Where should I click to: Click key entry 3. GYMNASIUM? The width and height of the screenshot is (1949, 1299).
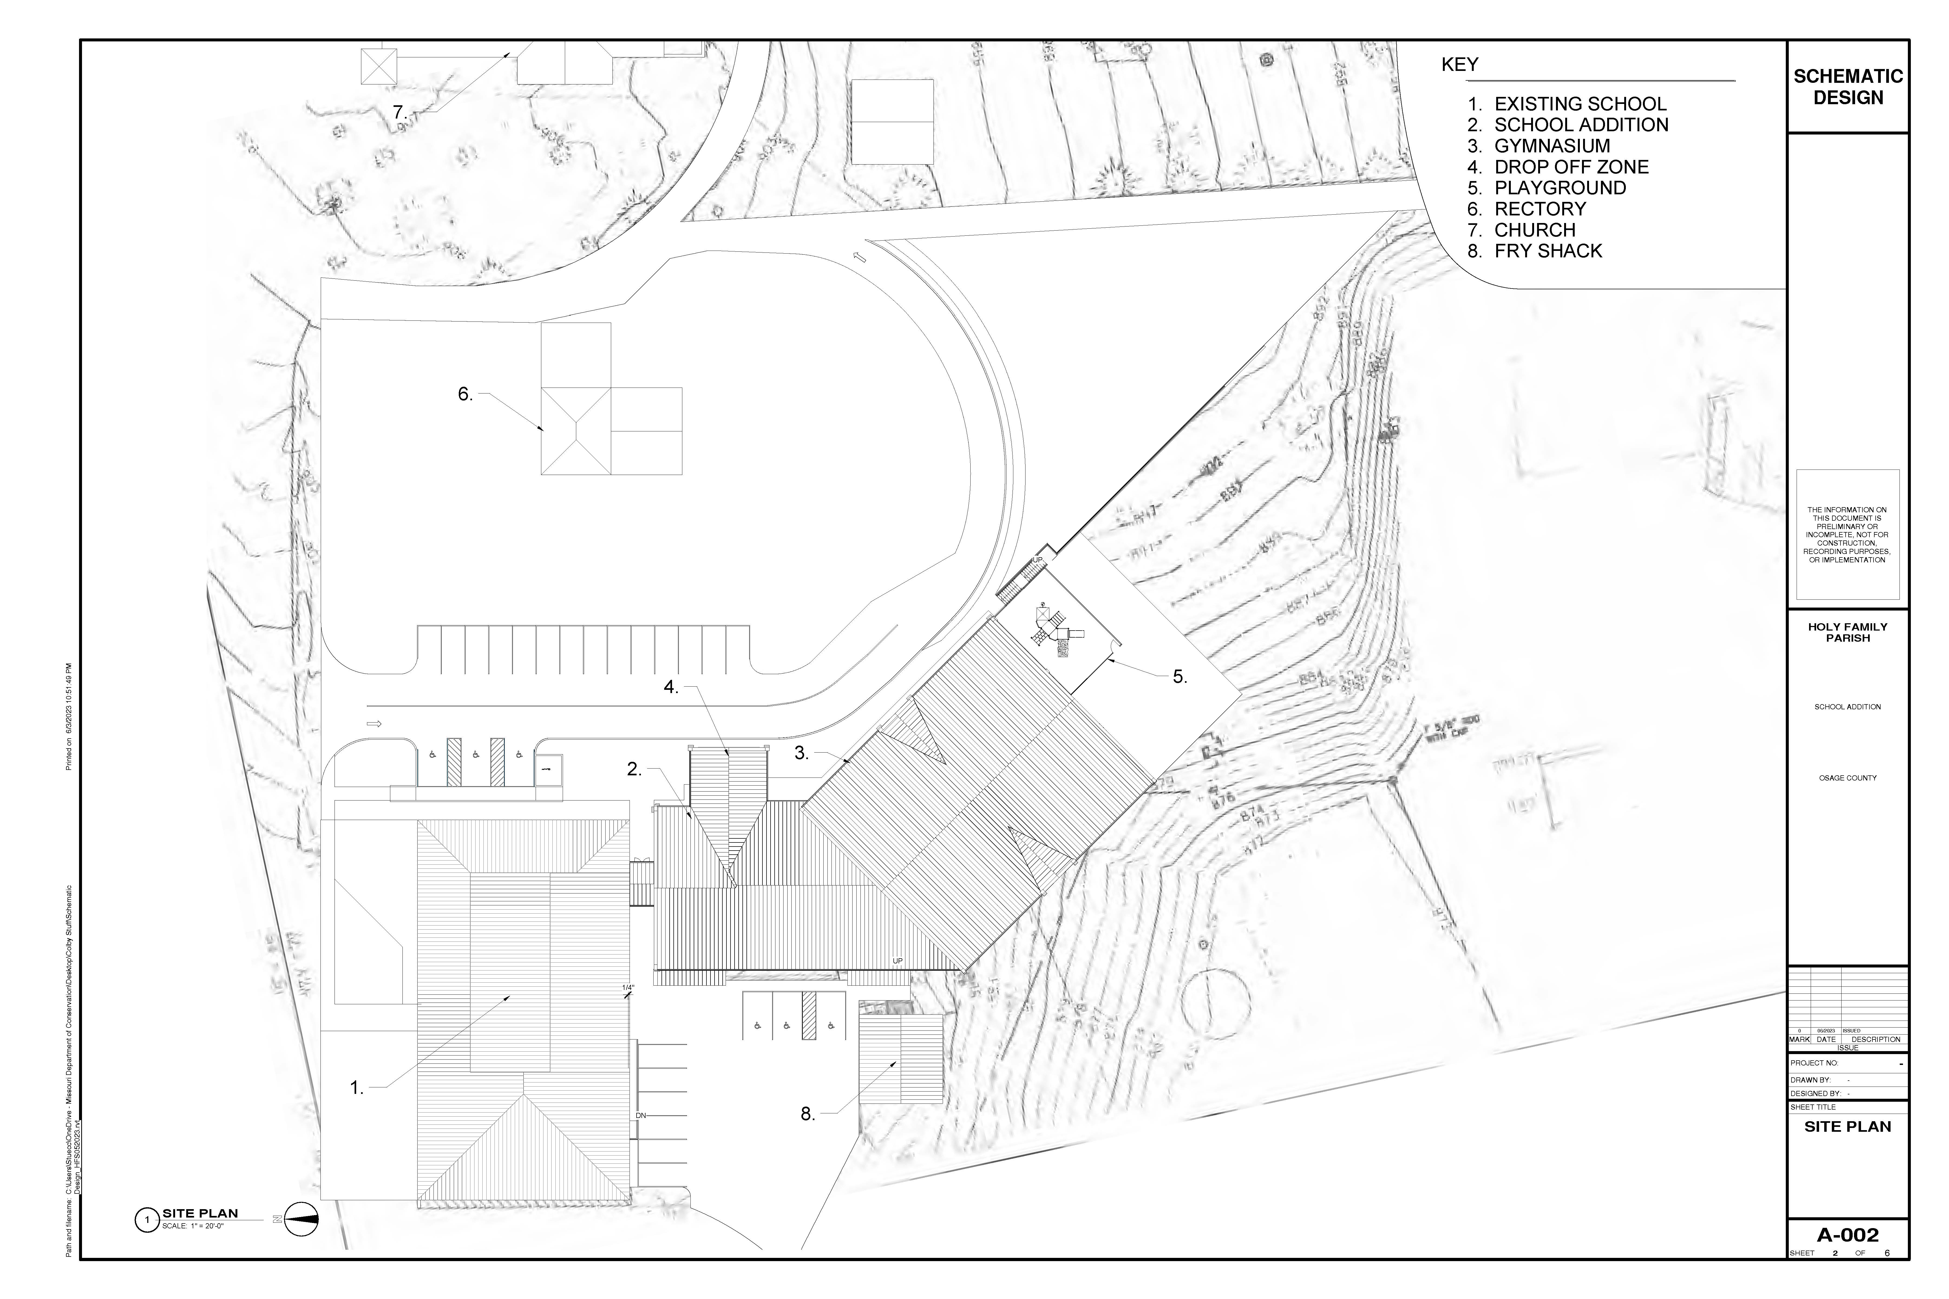[x=1539, y=146]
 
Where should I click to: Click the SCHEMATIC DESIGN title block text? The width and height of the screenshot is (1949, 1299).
[x=1847, y=87]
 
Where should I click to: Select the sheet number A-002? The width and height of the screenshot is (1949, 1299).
[x=1847, y=1258]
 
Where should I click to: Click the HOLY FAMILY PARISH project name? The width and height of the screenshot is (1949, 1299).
[x=1847, y=632]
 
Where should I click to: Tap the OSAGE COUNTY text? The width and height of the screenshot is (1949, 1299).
[x=1847, y=778]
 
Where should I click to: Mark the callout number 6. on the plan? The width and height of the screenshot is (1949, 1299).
[x=466, y=394]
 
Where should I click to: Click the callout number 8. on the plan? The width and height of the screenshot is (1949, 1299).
[x=808, y=1114]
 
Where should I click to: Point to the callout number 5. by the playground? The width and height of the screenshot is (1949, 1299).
[x=1180, y=677]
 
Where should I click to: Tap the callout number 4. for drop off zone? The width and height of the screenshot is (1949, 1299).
[x=671, y=687]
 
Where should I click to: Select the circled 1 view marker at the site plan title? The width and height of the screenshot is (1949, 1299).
[x=147, y=1220]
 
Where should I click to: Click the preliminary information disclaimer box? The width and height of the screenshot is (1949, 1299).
[x=1847, y=534]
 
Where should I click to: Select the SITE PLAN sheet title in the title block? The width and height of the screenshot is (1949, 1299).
[x=1847, y=1127]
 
